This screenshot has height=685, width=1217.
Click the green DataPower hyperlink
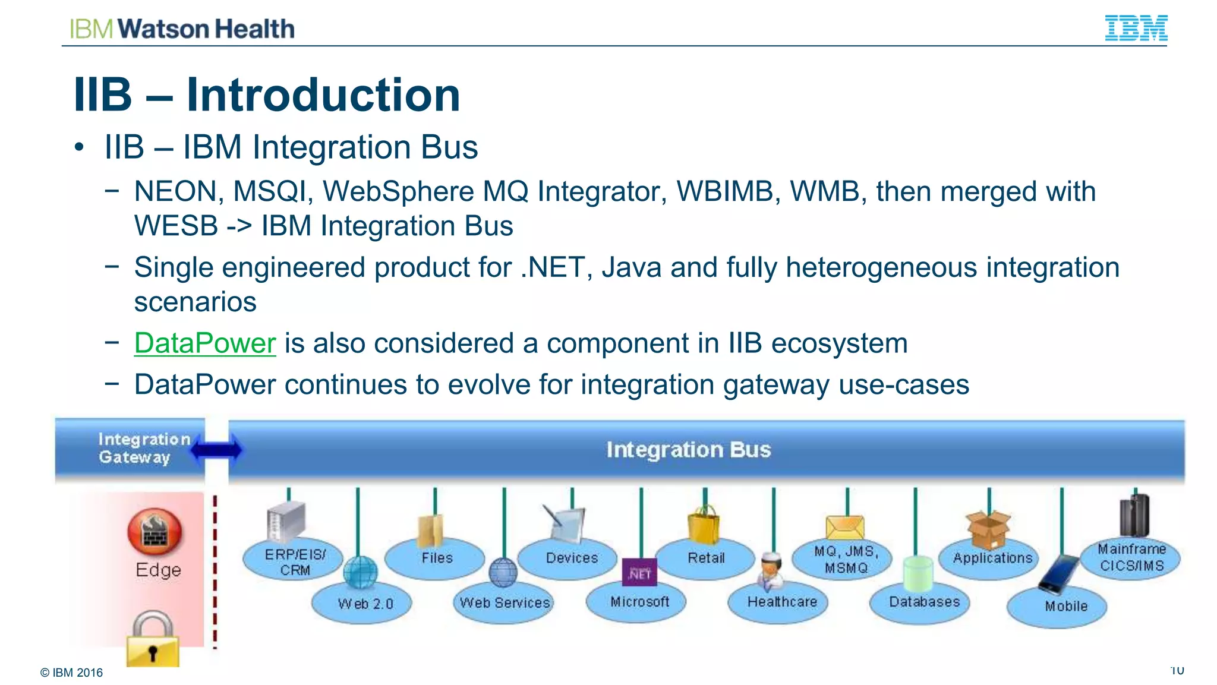click(x=205, y=343)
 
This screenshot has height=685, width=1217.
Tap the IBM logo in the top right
click(x=1136, y=28)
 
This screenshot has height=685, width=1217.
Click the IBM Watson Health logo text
click(x=182, y=29)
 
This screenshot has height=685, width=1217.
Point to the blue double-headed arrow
click(x=216, y=450)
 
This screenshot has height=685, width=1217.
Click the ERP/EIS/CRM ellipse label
click(x=295, y=561)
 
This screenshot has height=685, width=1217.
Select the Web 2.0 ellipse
click(x=365, y=604)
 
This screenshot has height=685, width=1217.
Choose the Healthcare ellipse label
click(x=781, y=602)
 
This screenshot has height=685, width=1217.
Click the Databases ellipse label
click(x=924, y=602)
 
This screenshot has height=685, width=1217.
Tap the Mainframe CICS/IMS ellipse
click(x=1131, y=557)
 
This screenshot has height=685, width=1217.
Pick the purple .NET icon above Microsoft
click(x=639, y=572)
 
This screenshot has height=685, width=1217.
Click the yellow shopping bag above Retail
click(x=704, y=525)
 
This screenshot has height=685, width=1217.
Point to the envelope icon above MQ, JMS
click(x=844, y=527)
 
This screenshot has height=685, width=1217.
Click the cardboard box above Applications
click(x=988, y=529)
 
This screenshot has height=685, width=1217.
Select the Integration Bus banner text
click(x=688, y=450)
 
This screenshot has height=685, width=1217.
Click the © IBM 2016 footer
click(x=71, y=673)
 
